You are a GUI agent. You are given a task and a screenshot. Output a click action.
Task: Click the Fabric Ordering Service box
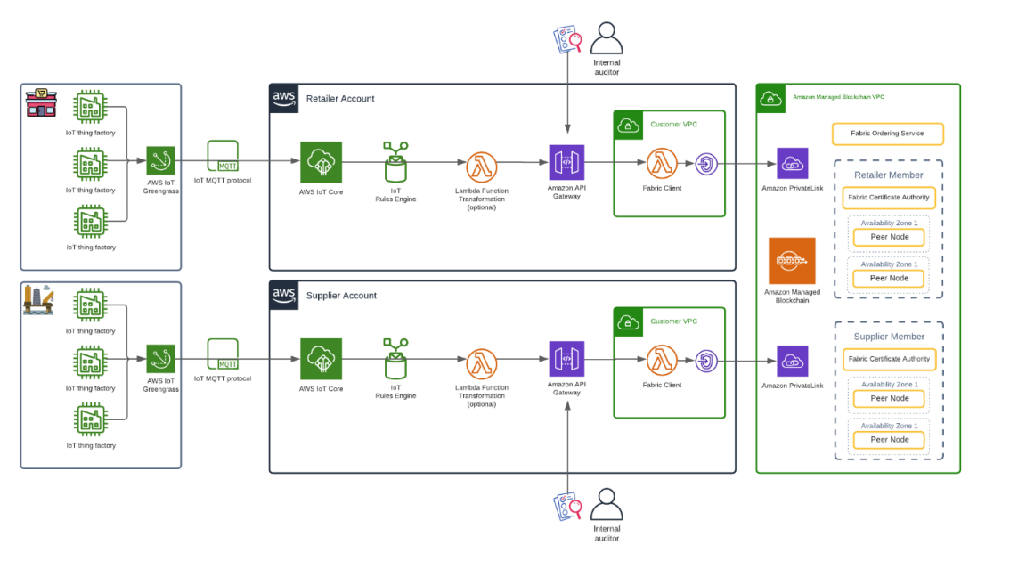[887, 134]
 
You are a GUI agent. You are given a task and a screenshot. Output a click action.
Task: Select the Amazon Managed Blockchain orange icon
[792, 261]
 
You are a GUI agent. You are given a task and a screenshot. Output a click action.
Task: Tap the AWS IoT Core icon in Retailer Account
[321, 162]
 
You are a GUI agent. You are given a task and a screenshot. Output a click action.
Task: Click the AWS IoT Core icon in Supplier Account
[321, 359]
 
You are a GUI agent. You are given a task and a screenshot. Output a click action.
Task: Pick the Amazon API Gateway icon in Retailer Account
[566, 162]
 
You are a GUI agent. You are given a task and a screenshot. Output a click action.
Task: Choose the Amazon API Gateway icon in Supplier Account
[566, 359]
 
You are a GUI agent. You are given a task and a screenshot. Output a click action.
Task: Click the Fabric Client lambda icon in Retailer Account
[662, 164]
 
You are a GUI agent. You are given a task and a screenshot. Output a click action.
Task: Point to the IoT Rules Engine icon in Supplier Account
[395, 359]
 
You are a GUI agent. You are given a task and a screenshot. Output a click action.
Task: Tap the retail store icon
[41, 102]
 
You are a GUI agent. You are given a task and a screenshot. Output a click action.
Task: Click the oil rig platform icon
[38, 300]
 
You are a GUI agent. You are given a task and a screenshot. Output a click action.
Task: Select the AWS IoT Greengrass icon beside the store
[160, 161]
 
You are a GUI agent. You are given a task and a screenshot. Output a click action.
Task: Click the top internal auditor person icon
[607, 38]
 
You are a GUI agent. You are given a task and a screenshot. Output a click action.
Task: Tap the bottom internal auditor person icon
[607, 505]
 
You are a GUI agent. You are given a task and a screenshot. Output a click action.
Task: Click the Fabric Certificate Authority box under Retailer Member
[889, 198]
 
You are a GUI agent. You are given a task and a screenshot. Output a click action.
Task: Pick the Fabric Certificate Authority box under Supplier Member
[889, 360]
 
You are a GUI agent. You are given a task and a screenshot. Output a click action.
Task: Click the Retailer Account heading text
[340, 99]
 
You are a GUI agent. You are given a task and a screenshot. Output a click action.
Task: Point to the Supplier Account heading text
[341, 296]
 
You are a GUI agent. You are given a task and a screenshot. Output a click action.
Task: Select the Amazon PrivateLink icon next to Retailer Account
[792, 164]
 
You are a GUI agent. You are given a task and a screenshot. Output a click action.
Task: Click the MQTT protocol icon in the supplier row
[223, 354]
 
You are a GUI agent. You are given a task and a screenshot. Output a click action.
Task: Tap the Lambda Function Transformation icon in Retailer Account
[481, 167]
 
